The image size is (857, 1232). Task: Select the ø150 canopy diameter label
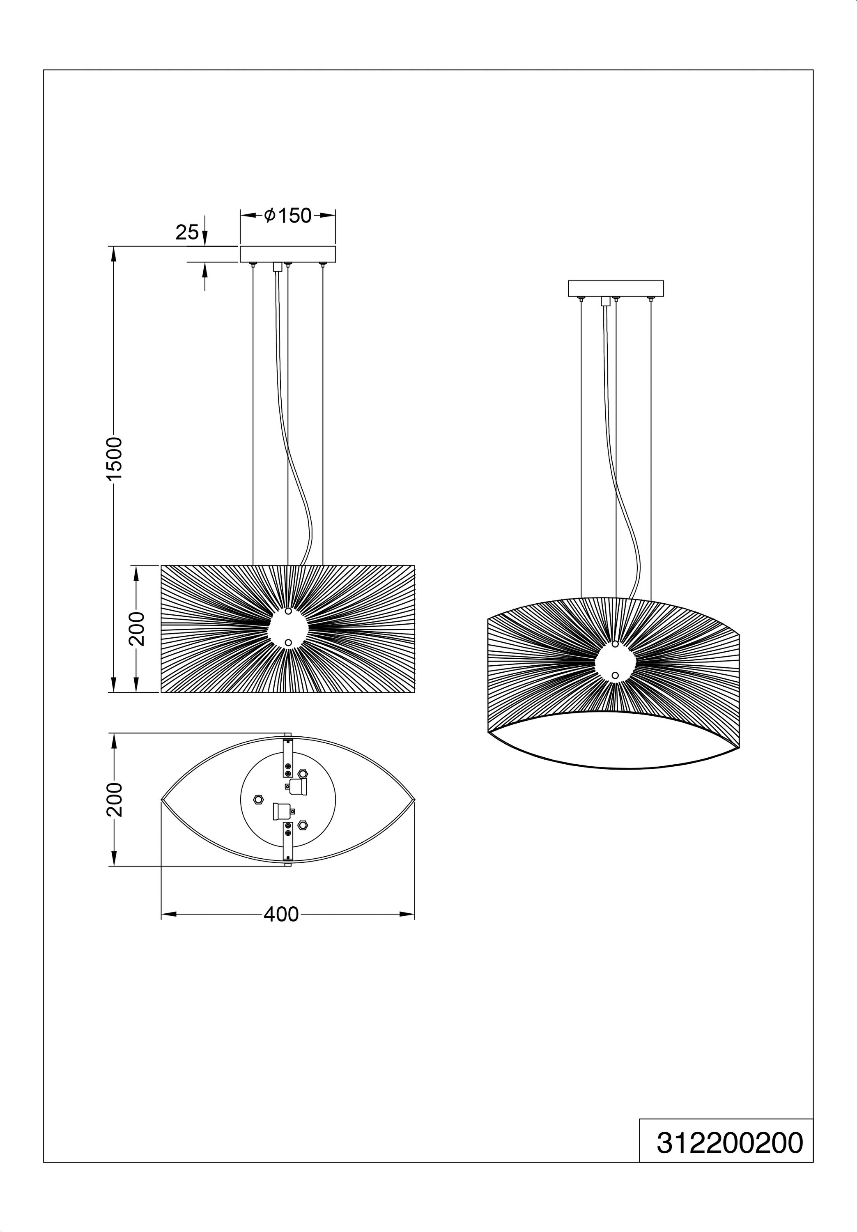[x=287, y=215]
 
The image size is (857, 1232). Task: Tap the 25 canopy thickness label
[x=187, y=232]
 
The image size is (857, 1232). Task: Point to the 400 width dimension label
[x=281, y=914]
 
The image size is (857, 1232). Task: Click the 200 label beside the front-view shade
[x=137, y=628]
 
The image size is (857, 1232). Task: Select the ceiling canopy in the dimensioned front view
[x=287, y=254]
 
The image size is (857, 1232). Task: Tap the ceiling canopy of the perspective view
[x=616, y=288]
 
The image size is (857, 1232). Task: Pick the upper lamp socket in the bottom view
[x=297, y=787]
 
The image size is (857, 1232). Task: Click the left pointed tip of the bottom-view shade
[x=161, y=800]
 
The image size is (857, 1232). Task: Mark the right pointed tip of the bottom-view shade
[x=415, y=800]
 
